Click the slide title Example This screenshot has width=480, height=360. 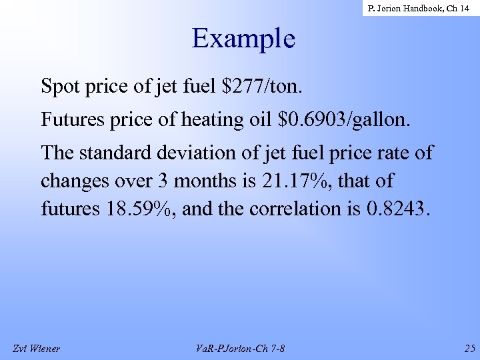click(243, 39)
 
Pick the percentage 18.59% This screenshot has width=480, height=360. click(140, 209)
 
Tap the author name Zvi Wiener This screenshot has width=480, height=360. click(36, 348)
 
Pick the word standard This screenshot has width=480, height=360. click(120, 153)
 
